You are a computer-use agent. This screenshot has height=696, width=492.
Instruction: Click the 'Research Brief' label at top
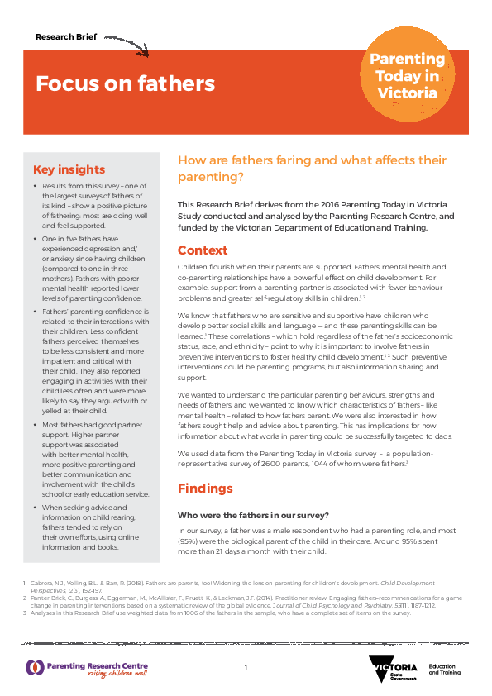pos(67,37)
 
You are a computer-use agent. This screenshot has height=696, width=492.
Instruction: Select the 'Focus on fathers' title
pos(125,83)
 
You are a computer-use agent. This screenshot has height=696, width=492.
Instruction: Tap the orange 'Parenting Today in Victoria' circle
pos(406,76)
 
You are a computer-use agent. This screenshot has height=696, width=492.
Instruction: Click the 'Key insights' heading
pos(69,169)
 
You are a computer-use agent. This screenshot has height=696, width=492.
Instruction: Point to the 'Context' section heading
pos(203,250)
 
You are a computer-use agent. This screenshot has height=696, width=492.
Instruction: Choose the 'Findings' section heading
pos(206,488)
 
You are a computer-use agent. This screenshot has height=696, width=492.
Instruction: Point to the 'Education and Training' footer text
pos(446,670)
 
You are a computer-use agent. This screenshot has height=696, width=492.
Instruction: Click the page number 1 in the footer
pos(246,668)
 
